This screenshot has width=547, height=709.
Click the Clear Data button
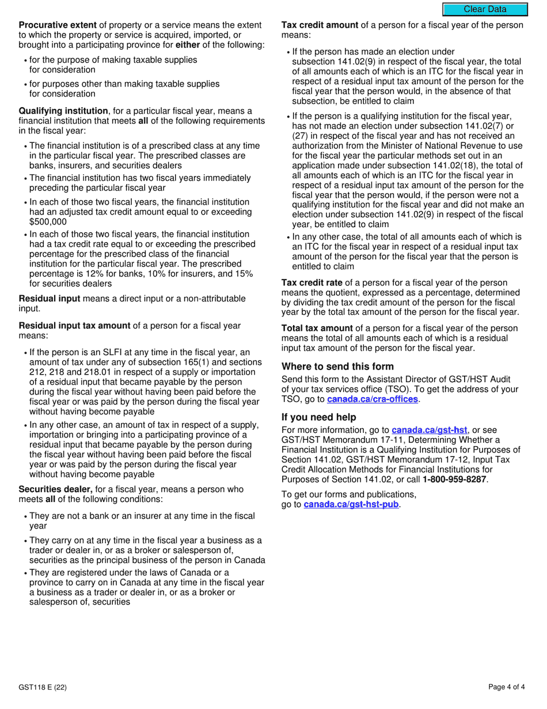point(485,9)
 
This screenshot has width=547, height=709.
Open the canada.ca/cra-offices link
point(372,399)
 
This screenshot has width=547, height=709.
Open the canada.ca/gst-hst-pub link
point(351,505)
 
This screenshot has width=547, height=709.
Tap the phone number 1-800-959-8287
point(454,479)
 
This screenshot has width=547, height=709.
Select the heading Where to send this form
point(337,367)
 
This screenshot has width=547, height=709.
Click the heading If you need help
point(318,417)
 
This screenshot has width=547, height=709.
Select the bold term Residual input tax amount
point(75,326)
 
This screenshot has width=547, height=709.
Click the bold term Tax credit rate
point(312,283)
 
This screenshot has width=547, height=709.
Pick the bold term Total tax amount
point(316,329)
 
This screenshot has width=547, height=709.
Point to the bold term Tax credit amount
point(320,25)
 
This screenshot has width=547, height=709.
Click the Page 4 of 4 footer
point(506,687)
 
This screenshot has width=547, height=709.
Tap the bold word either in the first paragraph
point(188,45)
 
